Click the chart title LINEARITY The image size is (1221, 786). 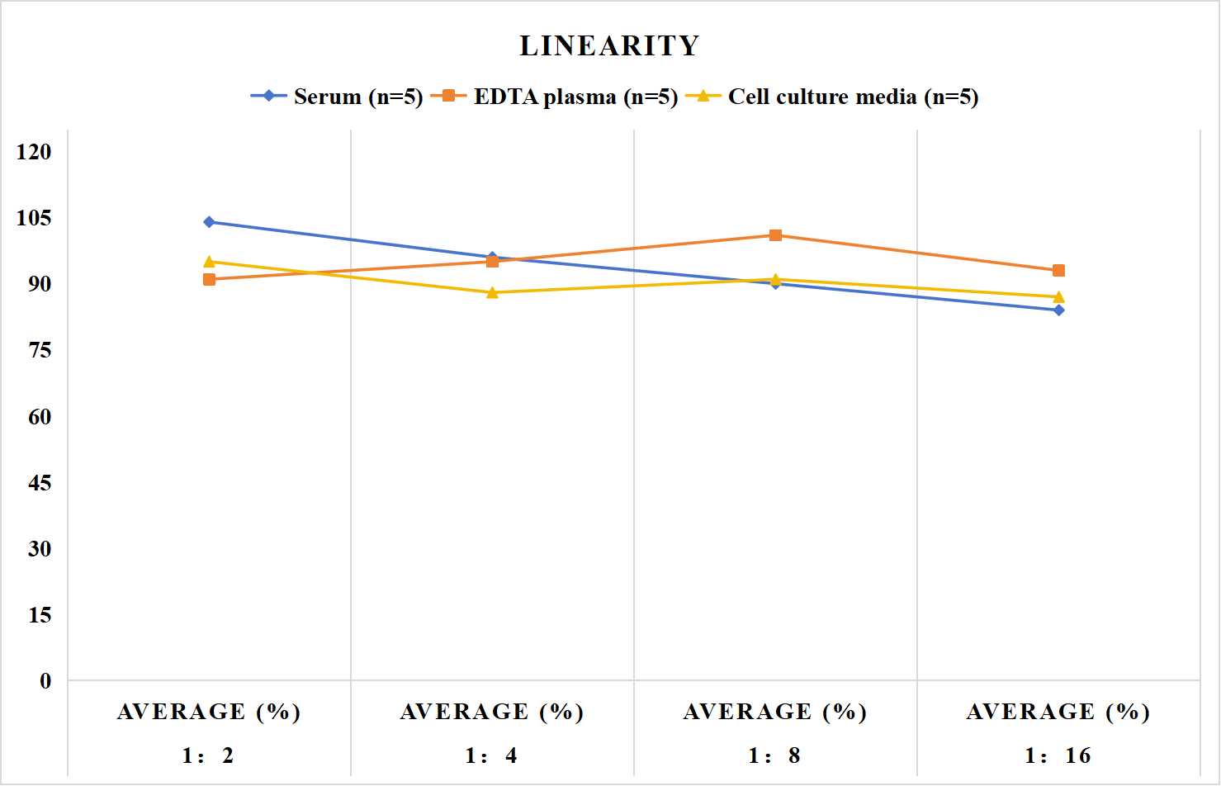(x=609, y=45)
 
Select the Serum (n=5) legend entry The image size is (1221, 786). (x=337, y=97)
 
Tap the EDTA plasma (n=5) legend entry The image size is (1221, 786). (x=554, y=97)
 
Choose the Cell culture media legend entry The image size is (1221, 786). (x=832, y=97)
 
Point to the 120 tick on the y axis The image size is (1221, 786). (x=34, y=152)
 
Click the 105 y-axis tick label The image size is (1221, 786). (x=34, y=218)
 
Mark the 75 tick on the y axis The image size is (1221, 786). (x=40, y=350)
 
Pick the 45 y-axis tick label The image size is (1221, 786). (x=40, y=482)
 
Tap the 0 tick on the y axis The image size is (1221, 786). (x=45, y=681)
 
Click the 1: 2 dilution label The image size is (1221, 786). (x=208, y=755)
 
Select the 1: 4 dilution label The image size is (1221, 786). (x=491, y=755)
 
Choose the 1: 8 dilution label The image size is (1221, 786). (x=774, y=755)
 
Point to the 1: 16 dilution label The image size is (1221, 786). (x=1058, y=755)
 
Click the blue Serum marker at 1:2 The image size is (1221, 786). (x=209, y=222)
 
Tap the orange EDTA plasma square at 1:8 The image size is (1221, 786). (x=775, y=235)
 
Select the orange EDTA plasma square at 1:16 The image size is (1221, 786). (x=1058, y=270)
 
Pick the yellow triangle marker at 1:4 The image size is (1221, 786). (x=492, y=293)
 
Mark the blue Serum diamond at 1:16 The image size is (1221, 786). (x=1058, y=310)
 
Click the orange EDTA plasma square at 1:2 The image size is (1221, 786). (x=209, y=279)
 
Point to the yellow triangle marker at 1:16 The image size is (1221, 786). (x=1058, y=297)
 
